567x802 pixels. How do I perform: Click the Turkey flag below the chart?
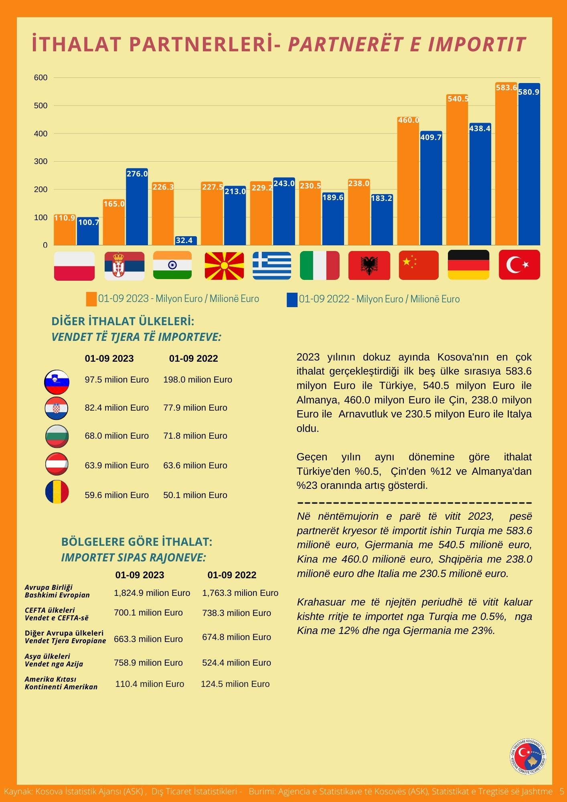coord(519,265)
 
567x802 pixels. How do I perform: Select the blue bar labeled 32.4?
coord(186,241)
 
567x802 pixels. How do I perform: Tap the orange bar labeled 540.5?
coord(457,170)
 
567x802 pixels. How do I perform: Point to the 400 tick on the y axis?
coord(41,134)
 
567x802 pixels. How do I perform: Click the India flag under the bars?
coord(172,265)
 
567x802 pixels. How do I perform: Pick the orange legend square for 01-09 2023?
coord(91,299)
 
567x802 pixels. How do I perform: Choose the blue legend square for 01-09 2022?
coord(292,300)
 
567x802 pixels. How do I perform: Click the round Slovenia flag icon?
coord(57,381)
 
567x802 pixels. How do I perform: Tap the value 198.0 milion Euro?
coord(198,380)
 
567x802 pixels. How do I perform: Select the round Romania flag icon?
coord(57,492)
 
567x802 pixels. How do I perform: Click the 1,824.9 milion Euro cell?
coord(152,593)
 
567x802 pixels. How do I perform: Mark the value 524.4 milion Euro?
coord(237,663)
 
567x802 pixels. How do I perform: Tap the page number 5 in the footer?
coord(562,791)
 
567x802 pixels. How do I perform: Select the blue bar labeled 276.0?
coord(137,207)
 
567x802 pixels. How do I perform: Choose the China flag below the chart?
coord(419,265)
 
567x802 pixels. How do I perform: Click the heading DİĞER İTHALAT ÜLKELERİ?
coord(123,321)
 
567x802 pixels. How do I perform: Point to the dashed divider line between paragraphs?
coord(415,503)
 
